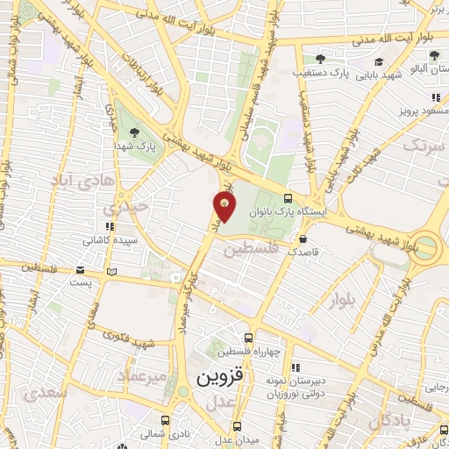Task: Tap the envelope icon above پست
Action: tap(81, 270)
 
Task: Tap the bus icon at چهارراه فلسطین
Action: tap(250, 337)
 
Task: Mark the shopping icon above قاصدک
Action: tap(303, 238)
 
